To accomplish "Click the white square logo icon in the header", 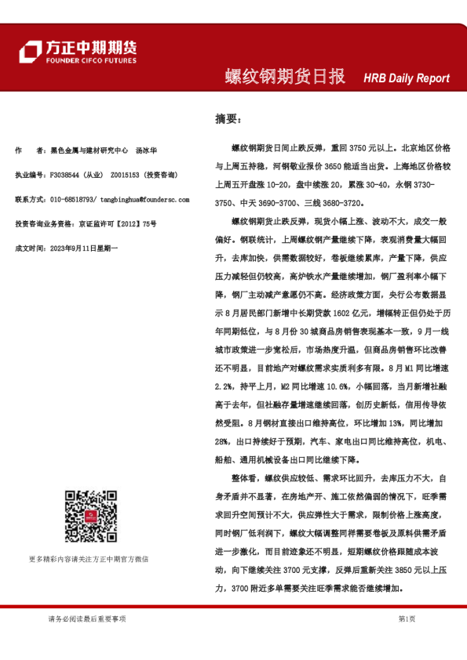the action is coord(30,52).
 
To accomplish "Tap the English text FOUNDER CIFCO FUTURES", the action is coord(90,60).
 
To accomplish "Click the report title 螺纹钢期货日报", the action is coord(284,77).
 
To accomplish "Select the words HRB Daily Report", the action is coord(406,78).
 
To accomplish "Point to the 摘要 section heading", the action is coord(229,119).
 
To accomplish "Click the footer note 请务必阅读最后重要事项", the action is coord(86,618).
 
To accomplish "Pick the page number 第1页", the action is coord(407,618).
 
